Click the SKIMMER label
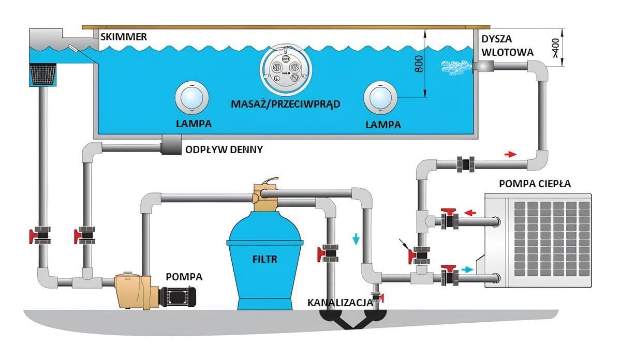[122, 37]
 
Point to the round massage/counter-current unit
[286, 69]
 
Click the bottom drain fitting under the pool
[171, 146]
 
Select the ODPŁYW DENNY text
[224, 149]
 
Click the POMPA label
[184, 277]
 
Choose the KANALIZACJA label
[340, 302]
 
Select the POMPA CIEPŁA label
[535, 184]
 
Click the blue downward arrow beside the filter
[356, 238]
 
